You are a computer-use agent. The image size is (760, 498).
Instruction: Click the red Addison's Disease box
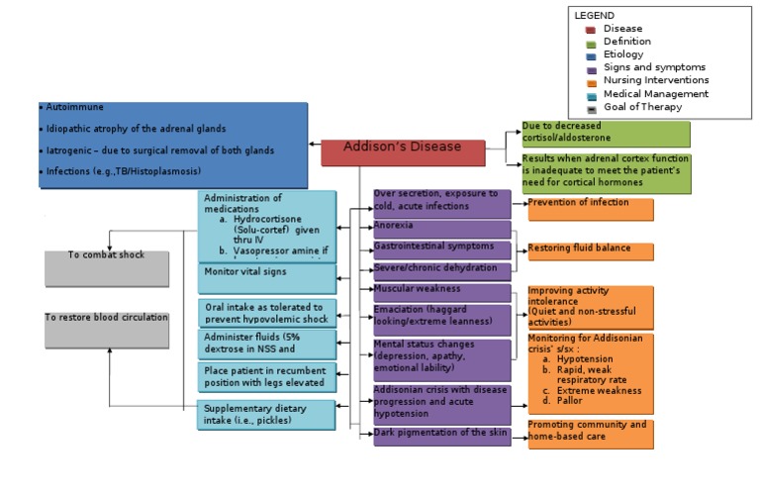tap(403, 151)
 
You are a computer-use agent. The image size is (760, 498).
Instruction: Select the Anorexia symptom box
tap(441, 229)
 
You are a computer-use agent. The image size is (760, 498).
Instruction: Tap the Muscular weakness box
tap(441, 291)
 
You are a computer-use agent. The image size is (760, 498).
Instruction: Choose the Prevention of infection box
tap(590, 208)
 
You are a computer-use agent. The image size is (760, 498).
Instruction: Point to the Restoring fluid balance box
tap(590, 251)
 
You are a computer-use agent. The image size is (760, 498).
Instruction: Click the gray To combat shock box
tap(107, 270)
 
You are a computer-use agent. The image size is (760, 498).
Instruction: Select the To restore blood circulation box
tap(107, 330)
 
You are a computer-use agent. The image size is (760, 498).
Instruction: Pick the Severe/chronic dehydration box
tap(441, 270)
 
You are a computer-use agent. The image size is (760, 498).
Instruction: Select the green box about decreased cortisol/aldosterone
tap(606, 134)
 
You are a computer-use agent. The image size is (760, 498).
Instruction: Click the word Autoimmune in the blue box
tap(75, 106)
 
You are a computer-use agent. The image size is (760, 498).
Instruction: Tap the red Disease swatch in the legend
tap(590, 30)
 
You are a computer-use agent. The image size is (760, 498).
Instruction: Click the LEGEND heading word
tap(594, 16)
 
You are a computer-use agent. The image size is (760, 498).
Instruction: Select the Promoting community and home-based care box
tap(590, 434)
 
